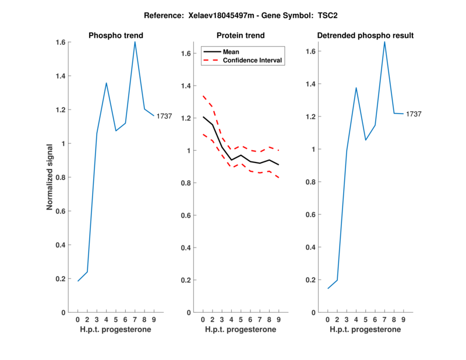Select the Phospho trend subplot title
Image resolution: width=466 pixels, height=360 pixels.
[x=116, y=36]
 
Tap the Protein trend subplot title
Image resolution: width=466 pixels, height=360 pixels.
[x=241, y=36]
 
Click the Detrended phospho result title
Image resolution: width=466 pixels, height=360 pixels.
[x=365, y=36]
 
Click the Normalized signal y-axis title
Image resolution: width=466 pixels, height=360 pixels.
[x=51, y=177]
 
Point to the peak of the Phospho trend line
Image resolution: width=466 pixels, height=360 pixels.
[x=135, y=42]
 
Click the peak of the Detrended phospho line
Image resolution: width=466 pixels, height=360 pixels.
[x=384, y=42]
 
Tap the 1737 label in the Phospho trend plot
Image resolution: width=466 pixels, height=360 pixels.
[x=164, y=117]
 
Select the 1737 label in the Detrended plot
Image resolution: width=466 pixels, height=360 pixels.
[x=414, y=114]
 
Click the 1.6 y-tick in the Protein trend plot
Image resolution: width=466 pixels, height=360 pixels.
[x=186, y=54]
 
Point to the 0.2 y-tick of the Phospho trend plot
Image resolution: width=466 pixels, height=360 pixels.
[x=59, y=279]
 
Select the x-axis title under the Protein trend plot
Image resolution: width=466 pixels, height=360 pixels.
[x=241, y=330]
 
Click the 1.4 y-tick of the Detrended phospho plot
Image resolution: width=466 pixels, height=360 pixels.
[x=311, y=84]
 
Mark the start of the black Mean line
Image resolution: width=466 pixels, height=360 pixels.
[x=203, y=117]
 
